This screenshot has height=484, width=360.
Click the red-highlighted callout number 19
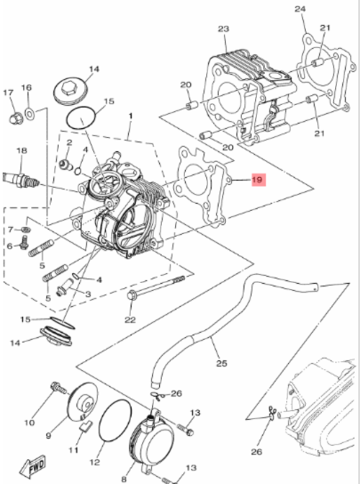coord(257,180)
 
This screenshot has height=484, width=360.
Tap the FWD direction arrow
coord(33,466)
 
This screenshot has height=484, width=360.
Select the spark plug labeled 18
coord(21,181)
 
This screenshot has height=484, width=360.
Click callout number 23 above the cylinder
coord(224,29)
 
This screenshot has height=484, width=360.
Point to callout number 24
coord(300,9)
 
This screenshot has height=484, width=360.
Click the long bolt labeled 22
coord(156,287)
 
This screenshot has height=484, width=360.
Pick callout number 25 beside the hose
coord(221,363)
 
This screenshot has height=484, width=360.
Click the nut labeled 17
coord(15,118)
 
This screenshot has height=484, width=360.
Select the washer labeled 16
coord(29,114)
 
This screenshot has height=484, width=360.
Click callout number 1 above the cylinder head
coord(131,117)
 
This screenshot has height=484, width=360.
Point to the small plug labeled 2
coord(66,165)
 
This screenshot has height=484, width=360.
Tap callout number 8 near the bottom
coord(124,479)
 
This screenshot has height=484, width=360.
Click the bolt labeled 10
coord(59,388)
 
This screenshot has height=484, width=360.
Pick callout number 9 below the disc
coord(48,436)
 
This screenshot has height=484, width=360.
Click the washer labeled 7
coord(26,230)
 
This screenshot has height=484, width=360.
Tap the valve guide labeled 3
coord(64,286)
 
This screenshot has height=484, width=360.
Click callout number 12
coord(95,462)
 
